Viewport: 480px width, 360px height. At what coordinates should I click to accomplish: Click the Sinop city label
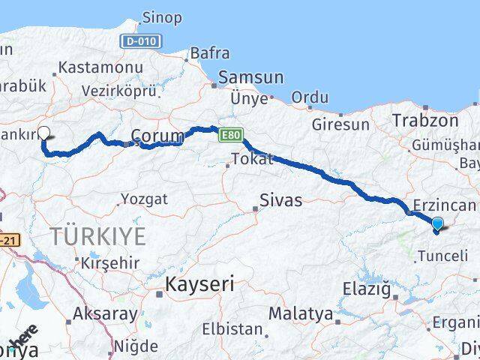point(161,18)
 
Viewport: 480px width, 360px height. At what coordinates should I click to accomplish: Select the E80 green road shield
point(229,136)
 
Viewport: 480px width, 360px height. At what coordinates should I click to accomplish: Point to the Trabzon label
point(425,120)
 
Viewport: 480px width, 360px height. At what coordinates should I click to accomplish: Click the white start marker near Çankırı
point(43,133)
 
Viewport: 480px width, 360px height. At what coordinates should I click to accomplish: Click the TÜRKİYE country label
point(98,236)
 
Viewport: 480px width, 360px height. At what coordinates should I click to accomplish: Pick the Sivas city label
point(280,200)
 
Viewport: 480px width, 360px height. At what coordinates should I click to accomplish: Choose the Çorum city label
point(157,135)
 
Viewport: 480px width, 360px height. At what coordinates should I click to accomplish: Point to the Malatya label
point(300,313)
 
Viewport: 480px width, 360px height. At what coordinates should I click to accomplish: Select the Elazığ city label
point(367,288)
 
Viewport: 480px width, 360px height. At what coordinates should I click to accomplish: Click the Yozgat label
point(143,199)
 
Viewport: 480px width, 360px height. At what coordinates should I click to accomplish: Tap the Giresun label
point(341,124)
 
